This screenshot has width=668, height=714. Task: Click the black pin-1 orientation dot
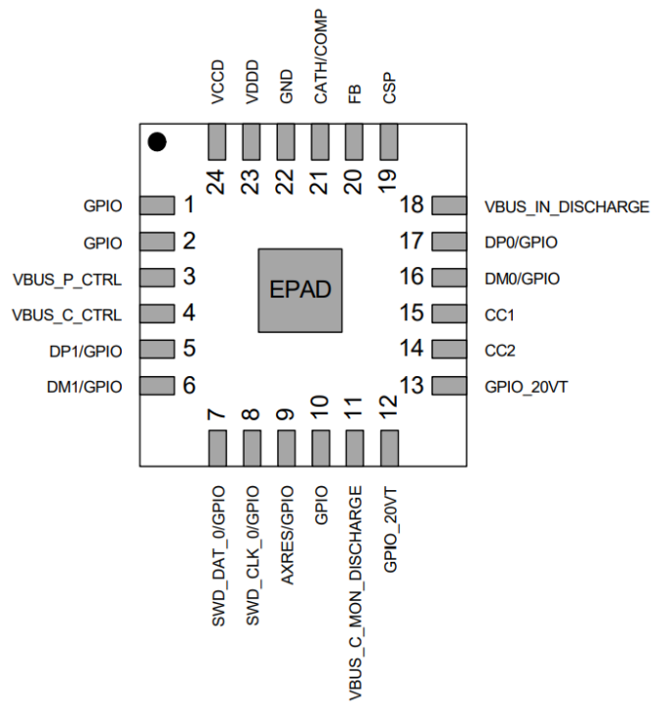(157, 142)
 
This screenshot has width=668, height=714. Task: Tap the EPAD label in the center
(301, 290)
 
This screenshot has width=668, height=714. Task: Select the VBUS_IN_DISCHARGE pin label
(567, 206)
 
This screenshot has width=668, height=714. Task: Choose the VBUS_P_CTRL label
(68, 278)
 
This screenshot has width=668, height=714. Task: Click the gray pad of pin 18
(449, 205)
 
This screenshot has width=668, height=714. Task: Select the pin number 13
(413, 385)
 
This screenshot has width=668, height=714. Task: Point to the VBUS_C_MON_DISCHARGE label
(355, 591)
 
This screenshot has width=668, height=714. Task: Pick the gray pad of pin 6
(155, 385)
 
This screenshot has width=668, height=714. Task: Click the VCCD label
(217, 82)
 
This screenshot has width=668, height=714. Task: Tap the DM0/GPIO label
(523, 278)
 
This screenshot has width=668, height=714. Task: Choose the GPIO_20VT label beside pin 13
(527, 386)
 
